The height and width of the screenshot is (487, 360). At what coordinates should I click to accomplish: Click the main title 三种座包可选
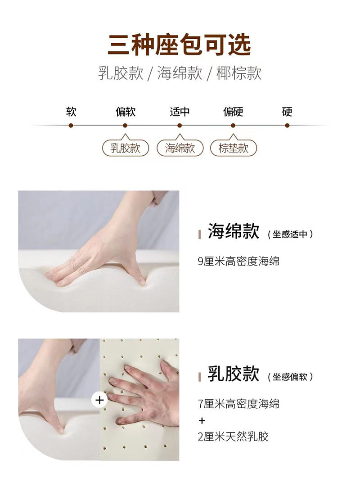pos(179,45)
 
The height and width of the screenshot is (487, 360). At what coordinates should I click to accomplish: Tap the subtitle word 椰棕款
pos(239,73)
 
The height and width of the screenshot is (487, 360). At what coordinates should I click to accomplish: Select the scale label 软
pos(71,112)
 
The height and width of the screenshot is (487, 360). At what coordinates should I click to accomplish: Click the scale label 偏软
pos(125,112)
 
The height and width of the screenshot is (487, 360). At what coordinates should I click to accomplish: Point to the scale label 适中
pos(180,112)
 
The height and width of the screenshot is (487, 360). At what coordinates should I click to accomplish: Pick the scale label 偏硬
pos(233,112)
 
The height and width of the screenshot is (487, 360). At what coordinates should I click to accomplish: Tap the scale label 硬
pos(287,112)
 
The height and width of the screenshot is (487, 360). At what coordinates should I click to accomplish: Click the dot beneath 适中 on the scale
pos(180,126)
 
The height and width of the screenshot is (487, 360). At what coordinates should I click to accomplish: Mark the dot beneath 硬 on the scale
pos(287,126)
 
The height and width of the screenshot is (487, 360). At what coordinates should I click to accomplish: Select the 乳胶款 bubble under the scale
pos(126,148)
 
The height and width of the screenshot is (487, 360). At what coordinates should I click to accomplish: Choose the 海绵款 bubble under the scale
pos(180,148)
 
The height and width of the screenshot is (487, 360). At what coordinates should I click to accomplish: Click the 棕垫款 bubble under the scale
pos(234,148)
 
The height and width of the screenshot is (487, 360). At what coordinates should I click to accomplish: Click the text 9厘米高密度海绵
pos(238,261)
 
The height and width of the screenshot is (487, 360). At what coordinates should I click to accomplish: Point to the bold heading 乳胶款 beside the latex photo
pos(233,373)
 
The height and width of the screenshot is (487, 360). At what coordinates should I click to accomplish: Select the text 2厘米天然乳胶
pos(233,437)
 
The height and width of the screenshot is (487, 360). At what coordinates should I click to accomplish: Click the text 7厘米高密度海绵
pos(238,404)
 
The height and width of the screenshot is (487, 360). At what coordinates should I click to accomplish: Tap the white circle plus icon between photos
pos(99,400)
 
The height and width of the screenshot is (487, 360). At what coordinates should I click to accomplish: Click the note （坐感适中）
pos(290,234)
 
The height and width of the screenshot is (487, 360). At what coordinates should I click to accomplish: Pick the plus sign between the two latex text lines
pos(202,420)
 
